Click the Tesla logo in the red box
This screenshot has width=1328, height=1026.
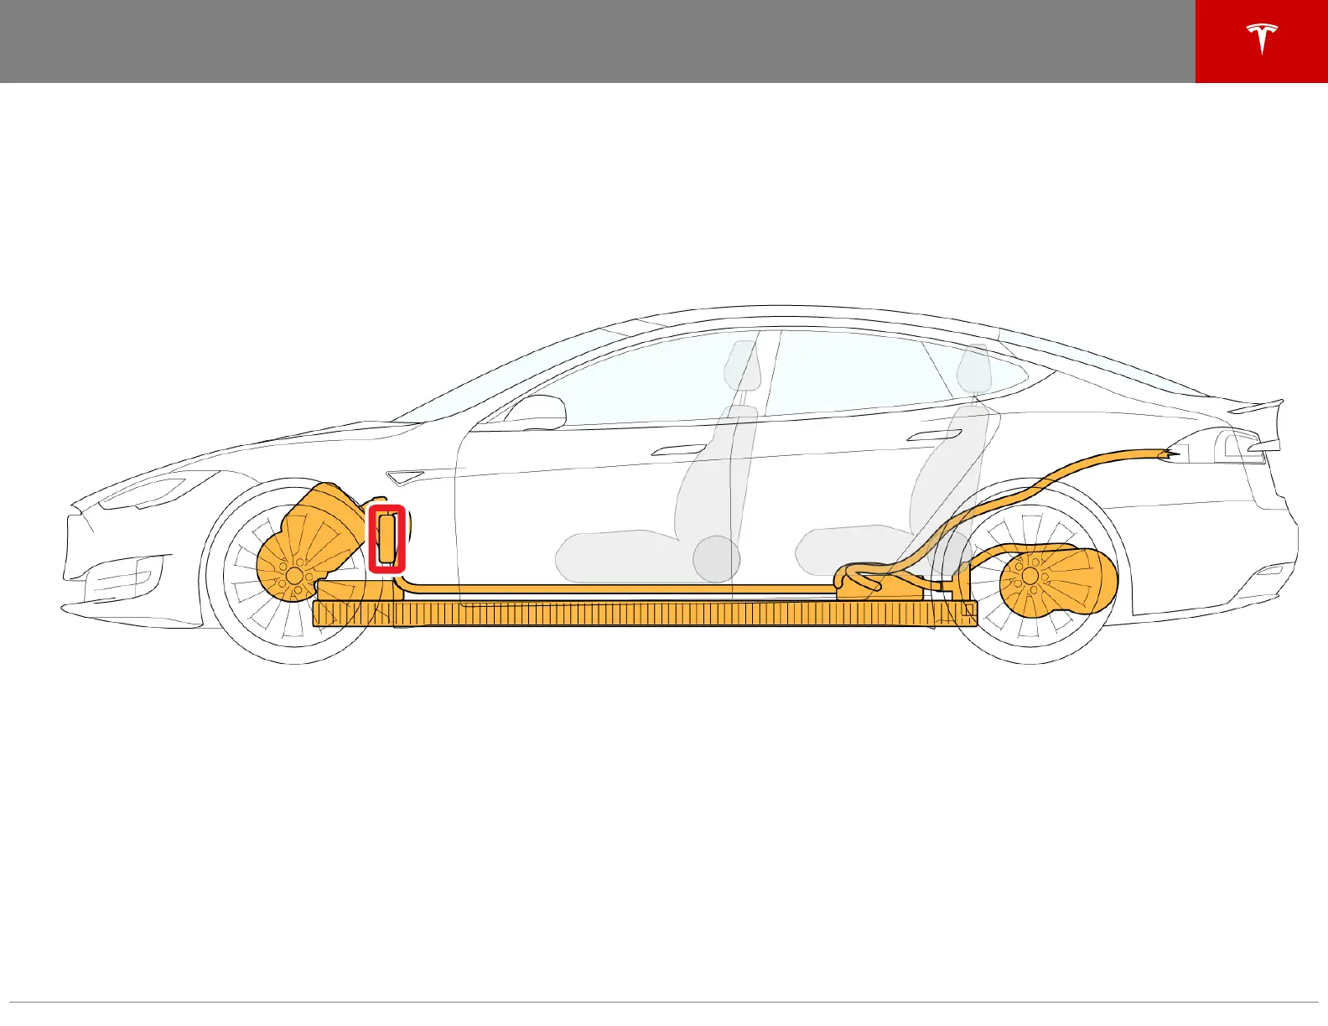[x=1261, y=39]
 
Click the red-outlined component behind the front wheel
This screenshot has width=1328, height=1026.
[x=387, y=539]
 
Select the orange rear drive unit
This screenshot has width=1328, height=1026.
[x=1058, y=577]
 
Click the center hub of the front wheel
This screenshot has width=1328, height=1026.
[x=293, y=574]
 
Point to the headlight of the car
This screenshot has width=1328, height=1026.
[x=143, y=493]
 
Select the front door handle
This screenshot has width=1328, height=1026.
[x=678, y=450]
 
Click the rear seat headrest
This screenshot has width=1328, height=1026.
[x=974, y=369]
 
